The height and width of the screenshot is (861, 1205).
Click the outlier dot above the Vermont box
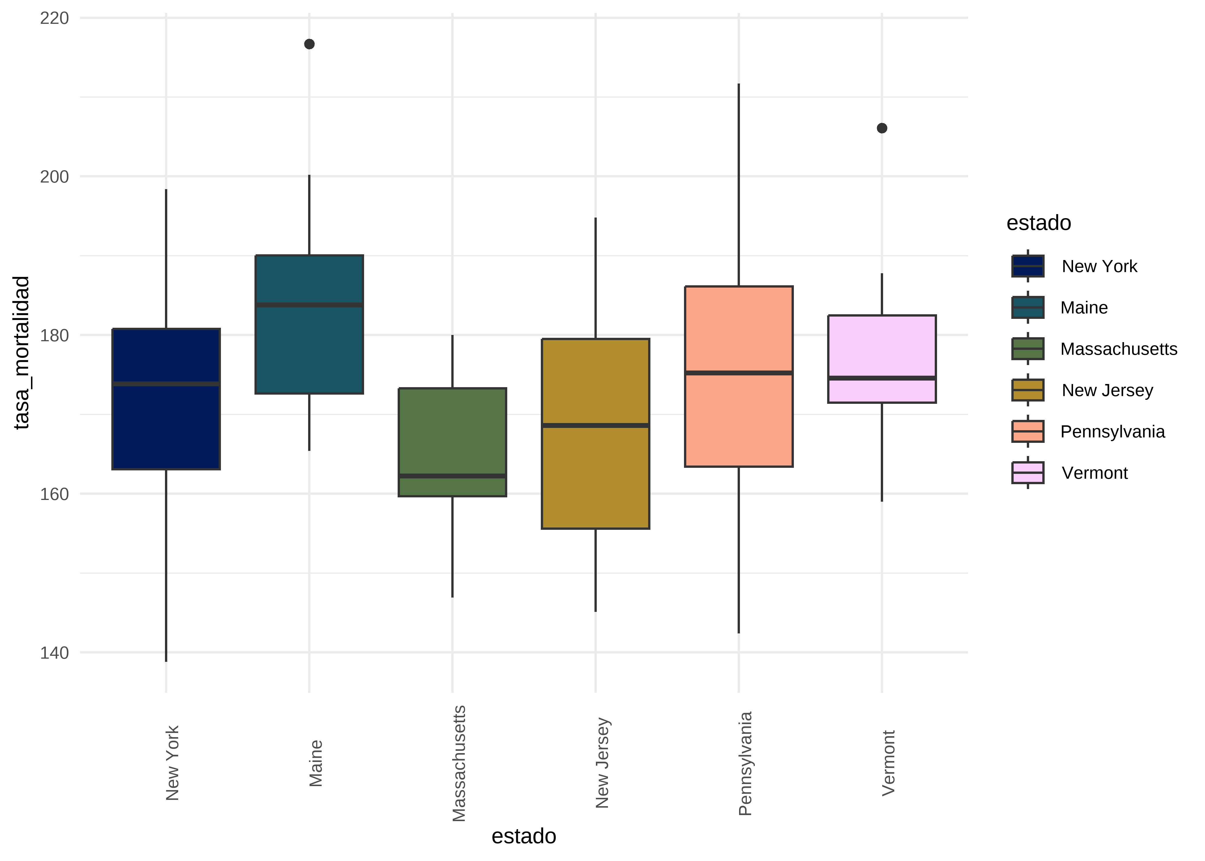pos(882,128)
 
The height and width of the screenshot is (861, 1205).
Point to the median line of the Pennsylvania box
pos(739,373)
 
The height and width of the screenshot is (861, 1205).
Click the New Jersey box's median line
pos(596,425)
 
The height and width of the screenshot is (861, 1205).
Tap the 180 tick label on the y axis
pos(55,336)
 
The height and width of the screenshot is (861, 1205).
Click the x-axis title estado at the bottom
pos(524,836)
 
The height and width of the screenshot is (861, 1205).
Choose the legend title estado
pos(1039,223)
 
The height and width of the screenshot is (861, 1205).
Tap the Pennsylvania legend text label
pos(1112,432)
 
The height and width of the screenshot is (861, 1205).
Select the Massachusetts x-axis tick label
pos(459,763)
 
